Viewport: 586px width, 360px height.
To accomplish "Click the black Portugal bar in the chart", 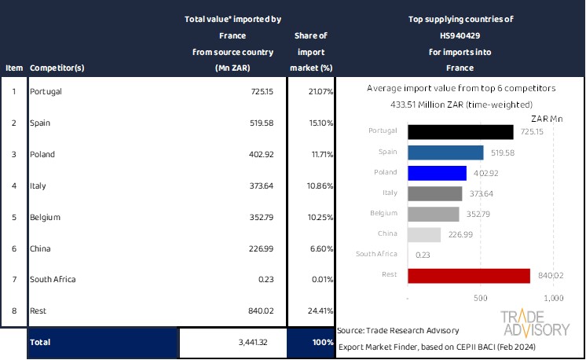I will pyautogui.click(x=460, y=131).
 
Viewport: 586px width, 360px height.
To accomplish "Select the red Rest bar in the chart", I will pyautogui.click(x=469, y=275).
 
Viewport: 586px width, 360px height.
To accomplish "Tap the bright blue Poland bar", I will pyautogui.click(x=437, y=172).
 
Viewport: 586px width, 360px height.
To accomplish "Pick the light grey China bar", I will pyautogui.click(x=424, y=234).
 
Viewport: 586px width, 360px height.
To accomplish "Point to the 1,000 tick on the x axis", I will pyautogui.click(x=553, y=299).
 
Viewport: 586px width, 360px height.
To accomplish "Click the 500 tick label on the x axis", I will pyautogui.click(x=481, y=299).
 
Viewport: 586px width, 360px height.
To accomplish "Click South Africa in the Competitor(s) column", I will pyautogui.click(x=53, y=279).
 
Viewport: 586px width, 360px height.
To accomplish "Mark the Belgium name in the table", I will pyautogui.click(x=45, y=217).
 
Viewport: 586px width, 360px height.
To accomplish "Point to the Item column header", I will pyautogui.click(x=13, y=68).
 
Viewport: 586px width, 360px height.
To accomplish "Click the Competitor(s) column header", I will pyautogui.click(x=57, y=68).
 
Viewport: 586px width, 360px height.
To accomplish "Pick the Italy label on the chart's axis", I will pyautogui.click(x=389, y=193).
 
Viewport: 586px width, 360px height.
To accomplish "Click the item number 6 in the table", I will pyautogui.click(x=13, y=248).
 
